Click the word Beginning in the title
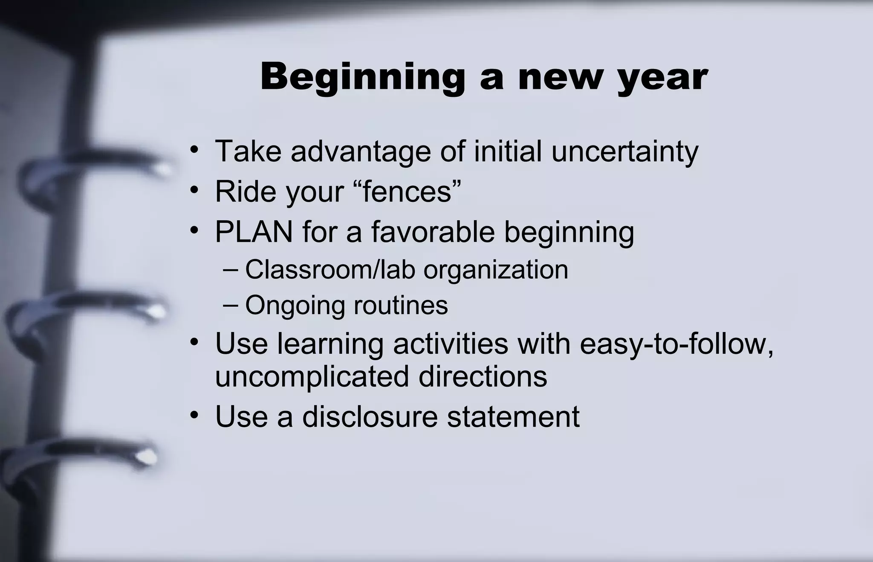[362, 78]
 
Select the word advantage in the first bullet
[361, 152]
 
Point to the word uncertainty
[624, 152]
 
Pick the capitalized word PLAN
[254, 232]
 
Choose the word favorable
[433, 232]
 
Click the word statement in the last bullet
[513, 416]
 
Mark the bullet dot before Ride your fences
[194, 190]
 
